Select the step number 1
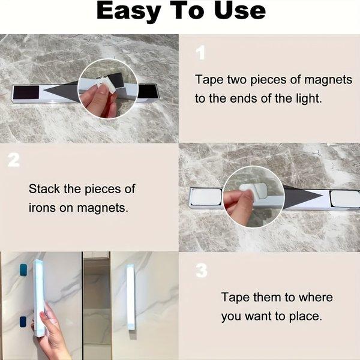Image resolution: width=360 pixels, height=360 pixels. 200,53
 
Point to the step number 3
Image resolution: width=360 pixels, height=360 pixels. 201,271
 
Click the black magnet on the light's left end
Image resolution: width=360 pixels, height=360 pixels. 25,93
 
